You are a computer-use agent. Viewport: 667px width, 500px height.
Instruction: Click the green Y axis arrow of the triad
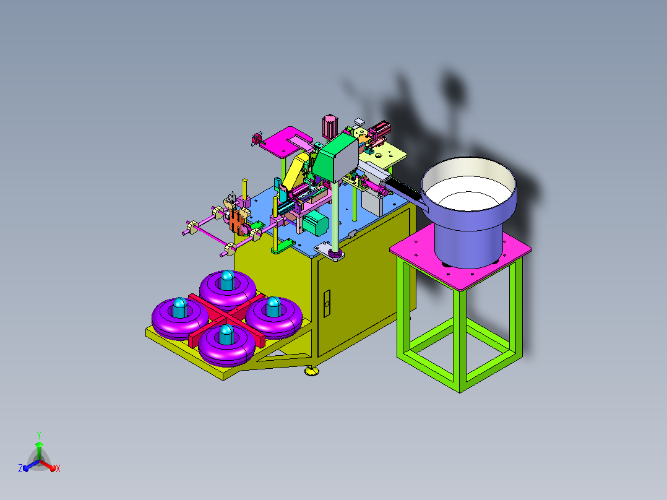pos(39,450)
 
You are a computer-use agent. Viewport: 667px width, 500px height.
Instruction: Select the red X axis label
pos(58,468)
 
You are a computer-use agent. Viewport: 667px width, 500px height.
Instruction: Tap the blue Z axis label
pos(20,468)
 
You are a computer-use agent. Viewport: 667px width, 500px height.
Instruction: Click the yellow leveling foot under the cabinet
pos(312,371)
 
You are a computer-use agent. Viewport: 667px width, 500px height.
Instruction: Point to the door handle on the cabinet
pos(327,304)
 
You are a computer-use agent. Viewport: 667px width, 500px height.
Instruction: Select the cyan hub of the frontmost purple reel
pos(226,335)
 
